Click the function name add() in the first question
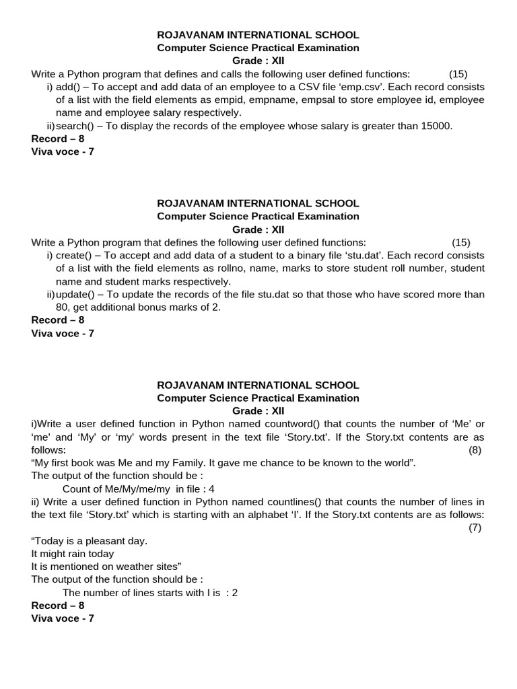point(67,87)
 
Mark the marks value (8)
point(475,450)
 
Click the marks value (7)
point(475,528)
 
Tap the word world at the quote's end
point(397,463)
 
